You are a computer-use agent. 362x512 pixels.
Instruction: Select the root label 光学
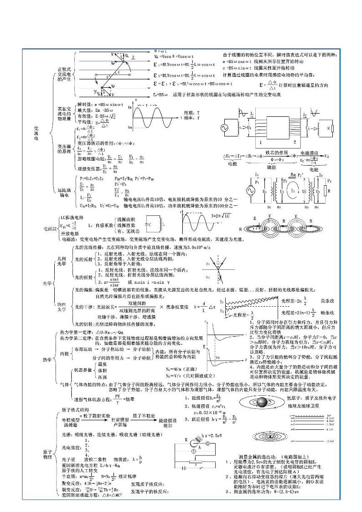[x=47, y=283]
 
